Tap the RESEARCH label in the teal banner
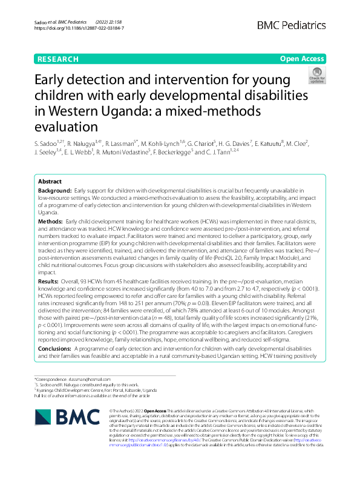pyautogui.click(x=58, y=59)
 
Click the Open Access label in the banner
pyautogui.click(x=302, y=59)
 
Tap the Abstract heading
pyautogui.click(x=50, y=182)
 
